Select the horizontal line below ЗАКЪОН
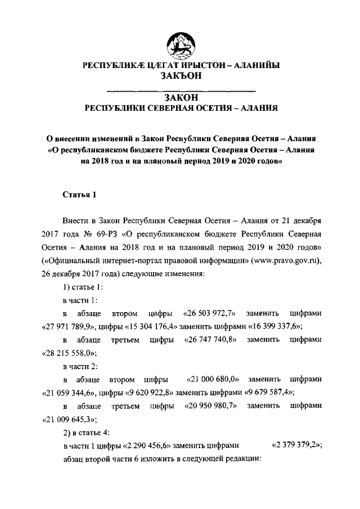coord(181,90)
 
